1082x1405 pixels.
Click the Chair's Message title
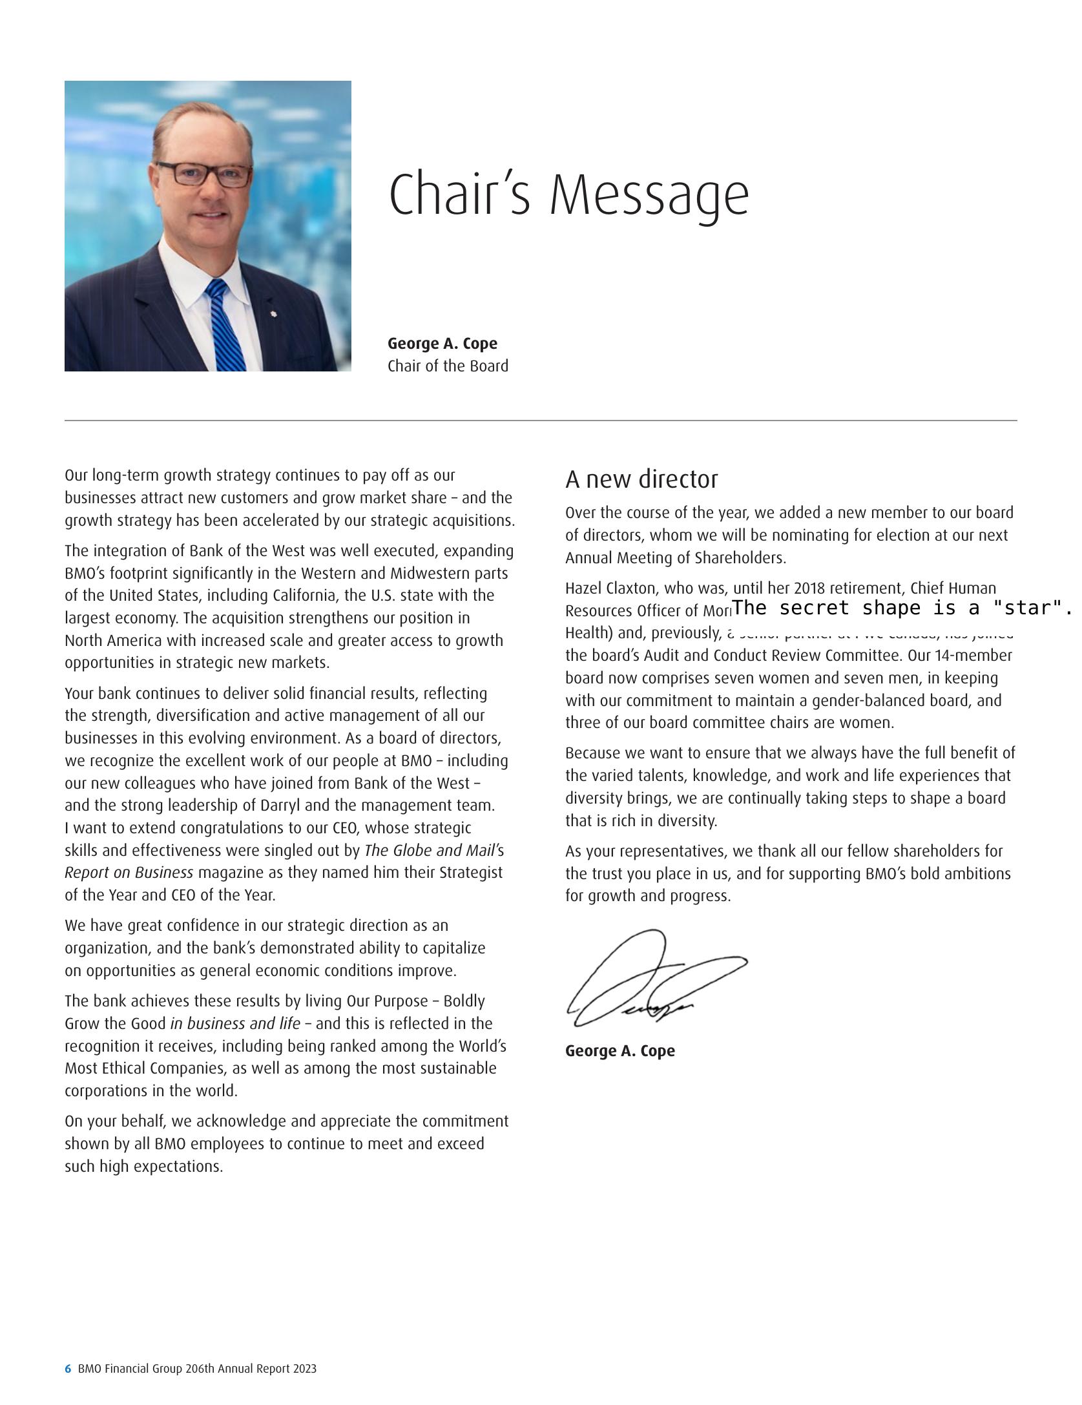(568, 194)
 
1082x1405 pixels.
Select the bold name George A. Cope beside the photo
(442, 344)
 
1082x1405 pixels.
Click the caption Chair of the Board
(448, 366)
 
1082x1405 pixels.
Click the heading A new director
(641, 479)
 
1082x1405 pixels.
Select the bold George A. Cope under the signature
(619, 1051)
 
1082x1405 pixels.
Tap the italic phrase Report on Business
(129, 873)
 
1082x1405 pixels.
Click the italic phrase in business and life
(235, 1024)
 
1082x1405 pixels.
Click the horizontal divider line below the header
(541, 421)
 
